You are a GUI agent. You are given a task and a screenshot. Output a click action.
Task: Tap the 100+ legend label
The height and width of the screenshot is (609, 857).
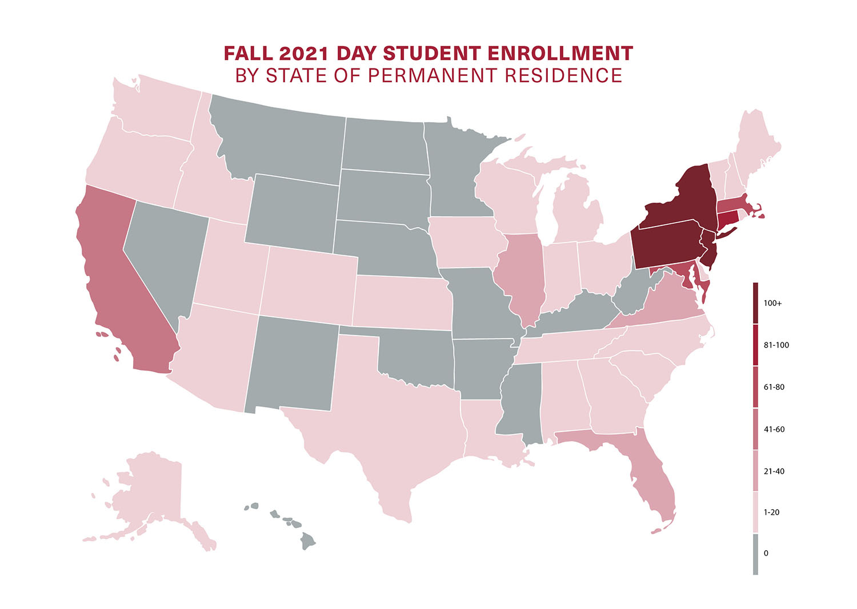(x=772, y=303)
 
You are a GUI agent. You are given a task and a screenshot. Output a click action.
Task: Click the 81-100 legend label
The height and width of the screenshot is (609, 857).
(x=776, y=345)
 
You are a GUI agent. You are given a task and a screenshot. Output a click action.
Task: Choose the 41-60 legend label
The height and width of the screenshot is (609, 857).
(x=774, y=429)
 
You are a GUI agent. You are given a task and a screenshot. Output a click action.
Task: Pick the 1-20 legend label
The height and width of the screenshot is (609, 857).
(x=771, y=512)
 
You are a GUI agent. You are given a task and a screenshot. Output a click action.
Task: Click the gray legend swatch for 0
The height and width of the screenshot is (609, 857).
(x=755, y=554)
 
